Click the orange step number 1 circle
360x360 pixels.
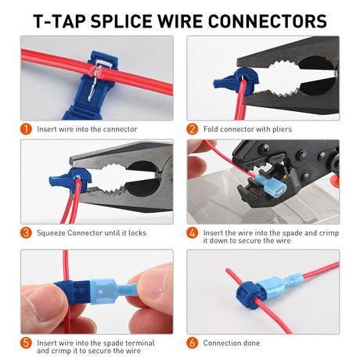tap(27, 128)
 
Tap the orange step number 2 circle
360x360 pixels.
tap(193, 128)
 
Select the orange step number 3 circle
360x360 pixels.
tap(27, 232)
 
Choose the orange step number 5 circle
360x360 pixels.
tap(27, 343)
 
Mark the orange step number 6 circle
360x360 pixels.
tap(193, 343)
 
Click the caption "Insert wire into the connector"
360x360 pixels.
tap(87, 128)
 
